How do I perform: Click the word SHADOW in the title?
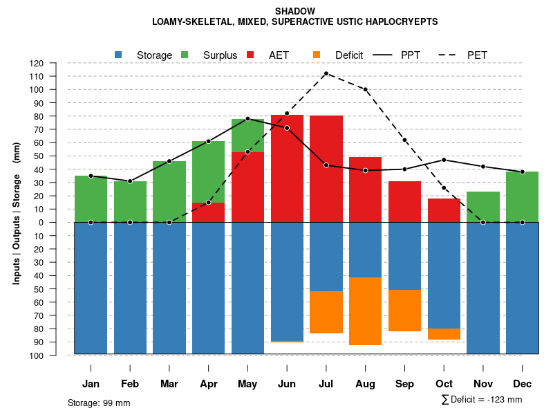click(294, 11)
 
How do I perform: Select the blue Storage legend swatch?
click(119, 55)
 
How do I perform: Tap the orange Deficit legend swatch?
click(317, 55)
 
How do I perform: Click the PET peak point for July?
click(326, 73)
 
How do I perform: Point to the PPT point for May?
click(247, 119)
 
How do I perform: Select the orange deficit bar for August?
click(365, 311)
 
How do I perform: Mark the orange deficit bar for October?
click(444, 334)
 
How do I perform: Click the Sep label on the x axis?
click(404, 384)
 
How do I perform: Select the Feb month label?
click(130, 384)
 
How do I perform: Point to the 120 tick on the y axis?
click(56, 63)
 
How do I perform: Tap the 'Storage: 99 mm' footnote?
click(99, 403)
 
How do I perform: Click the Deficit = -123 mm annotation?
click(481, 400)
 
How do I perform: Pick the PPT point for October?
click(444, 160)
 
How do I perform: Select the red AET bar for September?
click(404, 201)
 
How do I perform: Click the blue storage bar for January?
click(91, 288)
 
